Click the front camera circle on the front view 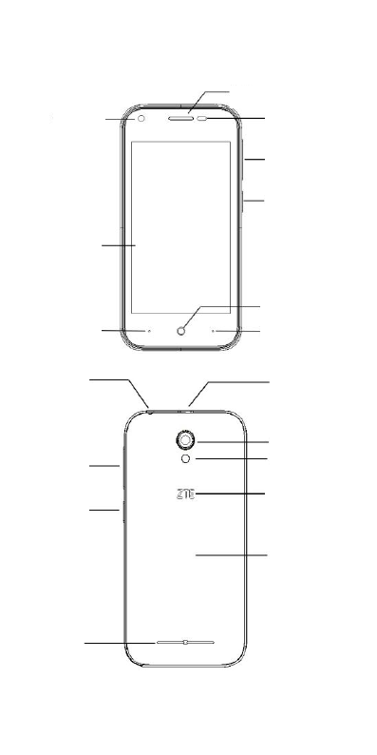pyautogui.click(x=141, y=119)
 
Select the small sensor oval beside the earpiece pyautogui.click(x=203, y=119)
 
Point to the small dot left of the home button pyautogui.click(x=149, y=331)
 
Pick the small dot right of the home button pyautogui.click(x=213, y=331)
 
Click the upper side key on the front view pyautogui.click(x=243, y=159)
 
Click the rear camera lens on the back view pyautogui.click(x=185, y=439)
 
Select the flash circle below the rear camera pyautogui.click(x=185, y=459)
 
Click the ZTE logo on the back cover pyautogui.click(x=185, y=494)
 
